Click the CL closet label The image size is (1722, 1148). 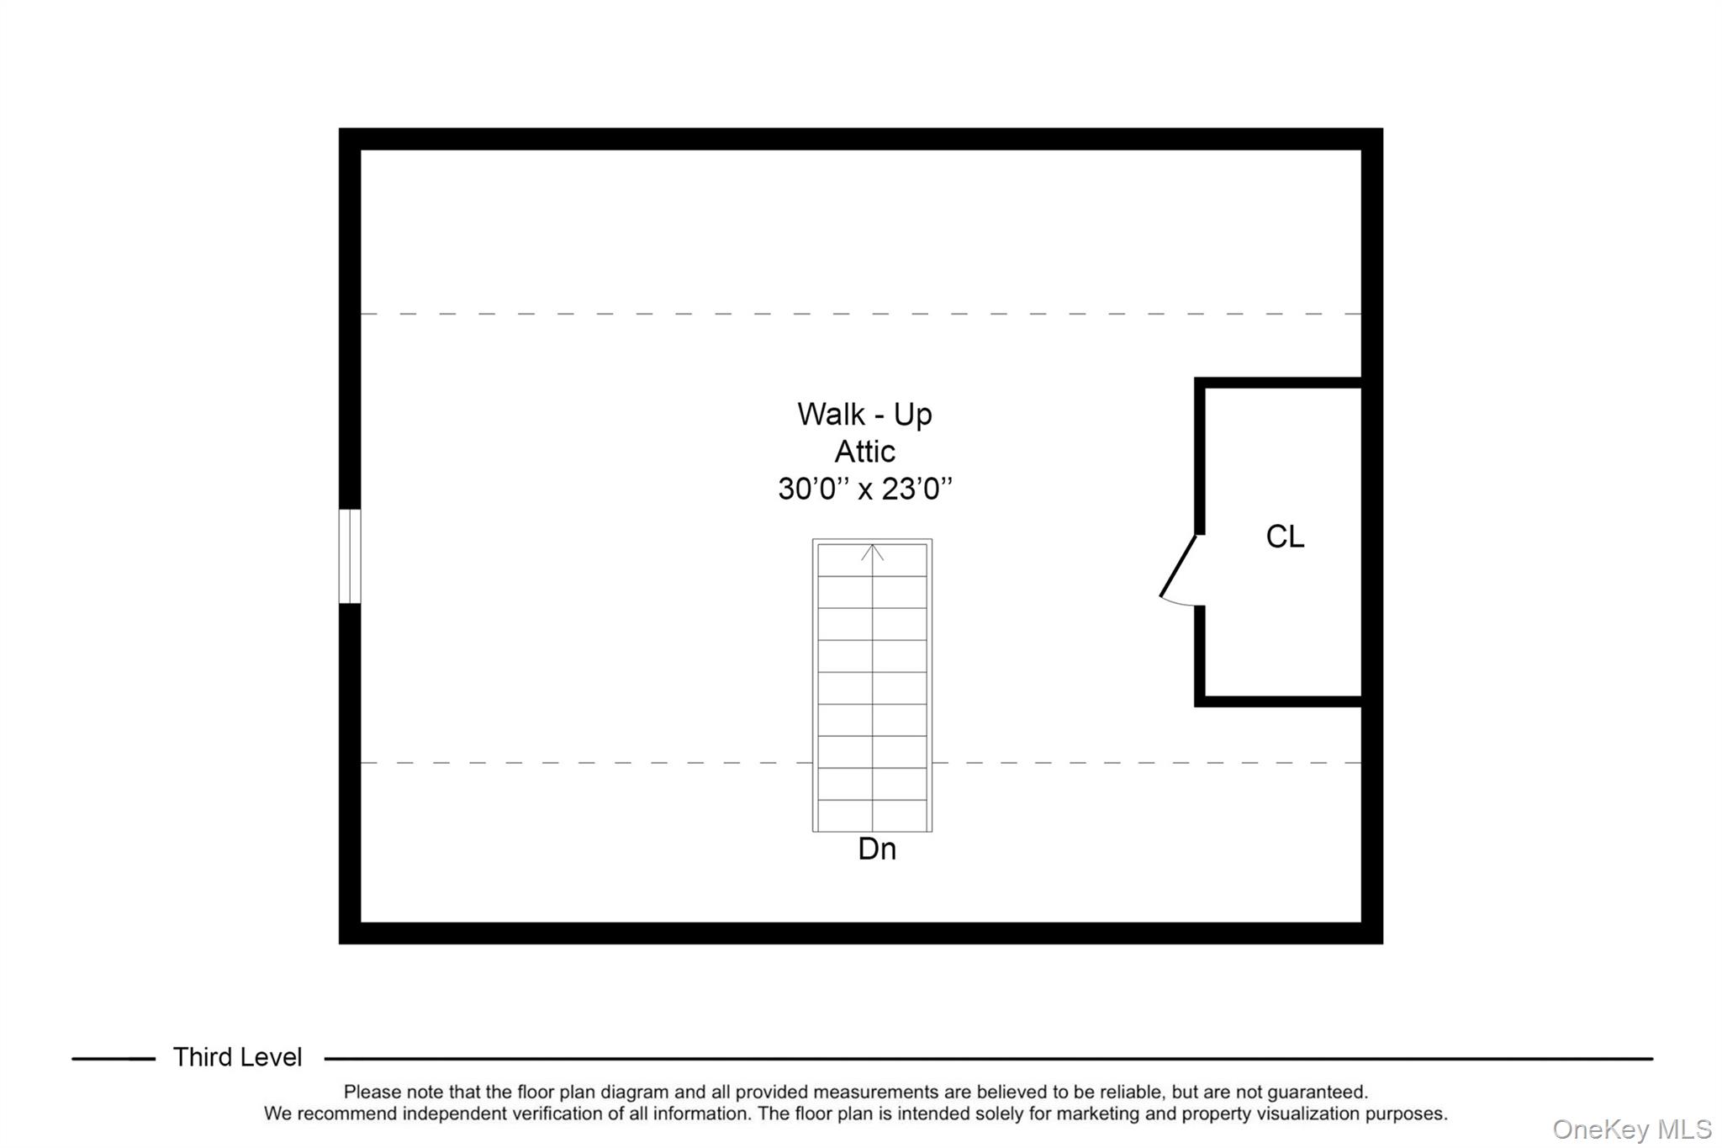1285,537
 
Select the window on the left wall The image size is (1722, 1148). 350,556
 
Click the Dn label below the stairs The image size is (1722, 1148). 877,849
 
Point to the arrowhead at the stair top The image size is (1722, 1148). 872,552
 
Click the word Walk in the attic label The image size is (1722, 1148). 831,415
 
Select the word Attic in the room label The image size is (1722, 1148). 864,452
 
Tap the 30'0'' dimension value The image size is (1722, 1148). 808,489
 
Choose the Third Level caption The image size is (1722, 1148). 237,1057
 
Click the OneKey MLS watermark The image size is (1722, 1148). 1631,1129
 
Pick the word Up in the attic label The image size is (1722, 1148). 912,415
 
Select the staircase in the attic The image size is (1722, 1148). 872,685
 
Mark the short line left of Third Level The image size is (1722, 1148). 114,1059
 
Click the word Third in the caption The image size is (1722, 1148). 201,1057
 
